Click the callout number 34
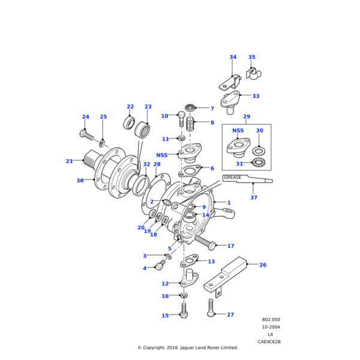pyautogui.click(x=233, y=58)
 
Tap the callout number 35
pyautogui.click(x=251, y=58)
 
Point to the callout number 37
pyautogui.click(x=254, y=198)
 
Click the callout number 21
pyautogui.click(x=69, y=161)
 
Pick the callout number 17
pyautogui.click(x=230, y=246)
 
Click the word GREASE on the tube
pyautogui.click(x=233, y=178)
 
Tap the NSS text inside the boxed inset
pyautogui.click(x=238, y=130)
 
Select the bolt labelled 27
pyautogui.click(x=211, y=308)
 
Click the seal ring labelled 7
pyautogui.click(x=191, y=108)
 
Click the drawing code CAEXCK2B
pyautogui.click(x=269, y=341)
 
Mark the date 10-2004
pyautogui.click(x=270, y=327)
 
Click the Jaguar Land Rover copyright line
pyautogui.click(x=188, y=347)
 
